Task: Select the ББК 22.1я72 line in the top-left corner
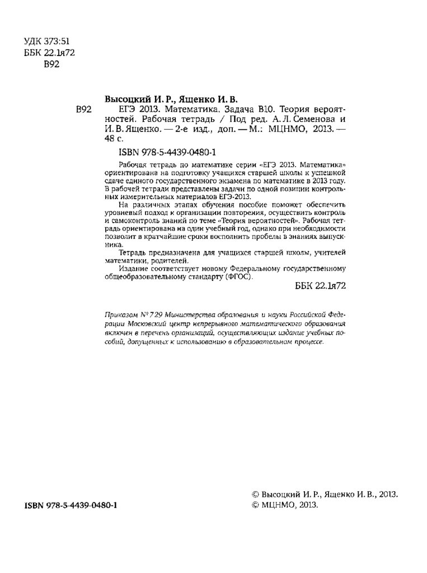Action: click(50, 52)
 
